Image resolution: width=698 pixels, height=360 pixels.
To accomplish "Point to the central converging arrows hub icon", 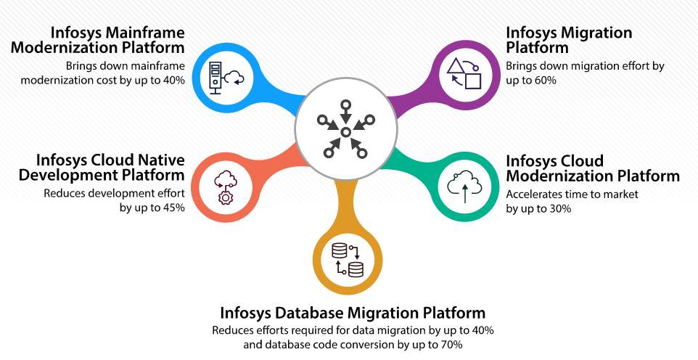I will click(x=346, y=131).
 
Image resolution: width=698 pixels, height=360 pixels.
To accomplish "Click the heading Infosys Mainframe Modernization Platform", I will click(x=117, y=41).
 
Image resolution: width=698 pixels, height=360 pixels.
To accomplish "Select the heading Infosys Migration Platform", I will click(x=568, y=41).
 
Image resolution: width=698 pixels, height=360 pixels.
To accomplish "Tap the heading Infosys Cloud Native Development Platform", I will click(x=110, y=168).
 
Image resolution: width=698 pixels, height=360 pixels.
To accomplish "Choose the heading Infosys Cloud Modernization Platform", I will click(x=592, y=168).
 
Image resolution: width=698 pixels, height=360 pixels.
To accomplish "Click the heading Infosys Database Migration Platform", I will click(x=353, y=313).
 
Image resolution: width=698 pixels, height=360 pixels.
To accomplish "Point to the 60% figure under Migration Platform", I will click(x=544, y=81).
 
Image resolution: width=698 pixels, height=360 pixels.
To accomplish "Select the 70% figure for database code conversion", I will click(x=449, y=344).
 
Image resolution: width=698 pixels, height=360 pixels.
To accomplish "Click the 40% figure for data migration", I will click(x=480, y=330).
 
